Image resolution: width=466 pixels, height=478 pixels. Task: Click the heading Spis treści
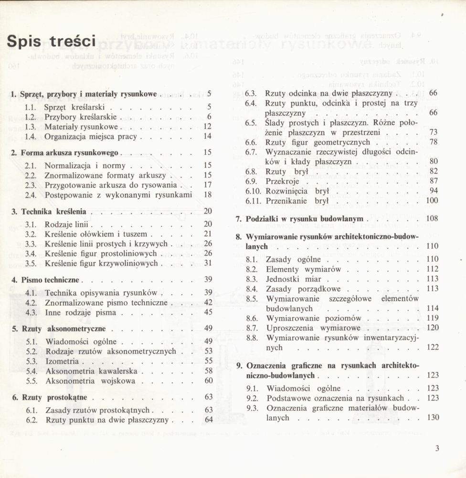click(52, 42)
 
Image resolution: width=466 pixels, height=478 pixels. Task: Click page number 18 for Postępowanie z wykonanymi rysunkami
click(208, 195)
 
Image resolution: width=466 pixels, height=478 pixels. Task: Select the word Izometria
click(62, 361)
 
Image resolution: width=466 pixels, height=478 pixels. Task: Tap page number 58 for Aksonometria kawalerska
click(208, 371)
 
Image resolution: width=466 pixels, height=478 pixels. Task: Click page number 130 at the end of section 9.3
click(433, 418)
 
